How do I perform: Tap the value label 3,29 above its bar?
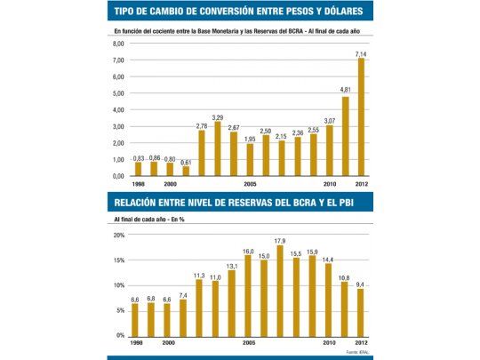tap(218, 116)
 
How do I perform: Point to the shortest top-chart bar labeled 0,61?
tap(186, 171)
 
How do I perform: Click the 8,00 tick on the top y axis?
tap(118, 44)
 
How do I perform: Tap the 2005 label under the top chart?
tap(250, 185)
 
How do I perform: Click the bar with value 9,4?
tap(360, 312)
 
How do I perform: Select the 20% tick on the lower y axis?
tap(118, 236)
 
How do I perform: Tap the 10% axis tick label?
tap(118, 285)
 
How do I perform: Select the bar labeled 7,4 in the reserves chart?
tap(184, 317)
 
